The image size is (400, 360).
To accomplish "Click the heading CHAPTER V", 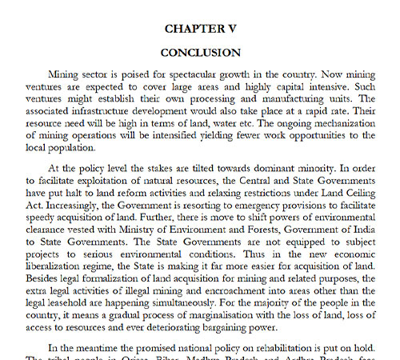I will [200, 28].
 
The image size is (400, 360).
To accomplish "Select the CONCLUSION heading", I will [200, 53].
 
